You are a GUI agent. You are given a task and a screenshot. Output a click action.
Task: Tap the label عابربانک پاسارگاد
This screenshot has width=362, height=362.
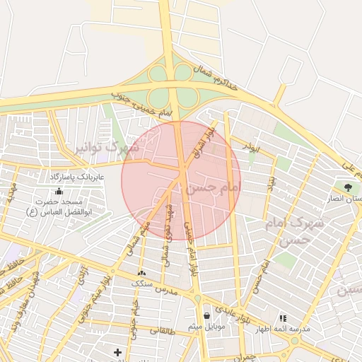click(77, 175)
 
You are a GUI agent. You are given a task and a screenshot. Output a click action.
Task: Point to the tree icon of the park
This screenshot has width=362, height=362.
click(348, 187)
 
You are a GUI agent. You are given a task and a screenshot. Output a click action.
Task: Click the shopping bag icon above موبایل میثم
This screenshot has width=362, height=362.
click(206, 315)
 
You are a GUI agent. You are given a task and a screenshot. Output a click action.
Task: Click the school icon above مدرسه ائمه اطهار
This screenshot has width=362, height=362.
click(284, 318)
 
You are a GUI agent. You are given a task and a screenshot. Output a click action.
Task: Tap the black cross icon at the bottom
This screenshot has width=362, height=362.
click(117, 351)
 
